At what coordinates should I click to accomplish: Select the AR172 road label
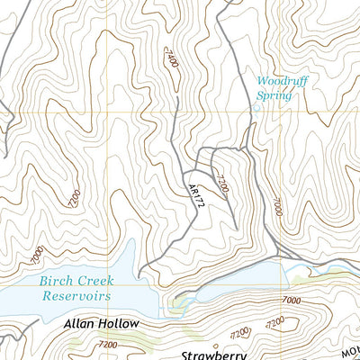[193, 195]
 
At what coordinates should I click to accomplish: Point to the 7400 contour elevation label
[173, 63]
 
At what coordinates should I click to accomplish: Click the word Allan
[83, 322]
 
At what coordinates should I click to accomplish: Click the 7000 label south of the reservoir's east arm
[289, 300]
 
